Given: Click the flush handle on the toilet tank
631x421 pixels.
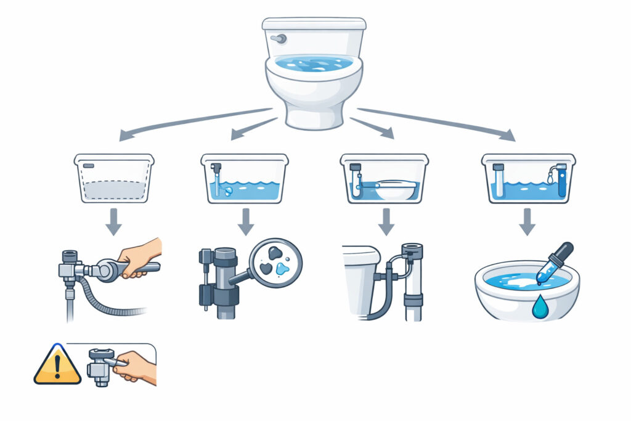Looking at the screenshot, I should click(280, 39).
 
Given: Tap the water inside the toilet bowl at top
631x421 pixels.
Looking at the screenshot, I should click(314, 63).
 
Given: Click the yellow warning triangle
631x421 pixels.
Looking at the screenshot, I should click(57, 366).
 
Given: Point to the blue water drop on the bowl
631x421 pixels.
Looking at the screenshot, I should click(540, 308).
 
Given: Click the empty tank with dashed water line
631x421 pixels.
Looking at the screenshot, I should click(114, 179).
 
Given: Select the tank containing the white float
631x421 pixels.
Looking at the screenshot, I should click(384, 179).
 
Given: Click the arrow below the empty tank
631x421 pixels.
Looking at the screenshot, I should click(113, 222).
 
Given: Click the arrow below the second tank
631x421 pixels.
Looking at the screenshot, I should click(246, 222).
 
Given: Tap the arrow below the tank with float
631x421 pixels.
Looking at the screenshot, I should click(386, 222).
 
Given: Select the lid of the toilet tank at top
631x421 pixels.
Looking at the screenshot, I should click(314, 24).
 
